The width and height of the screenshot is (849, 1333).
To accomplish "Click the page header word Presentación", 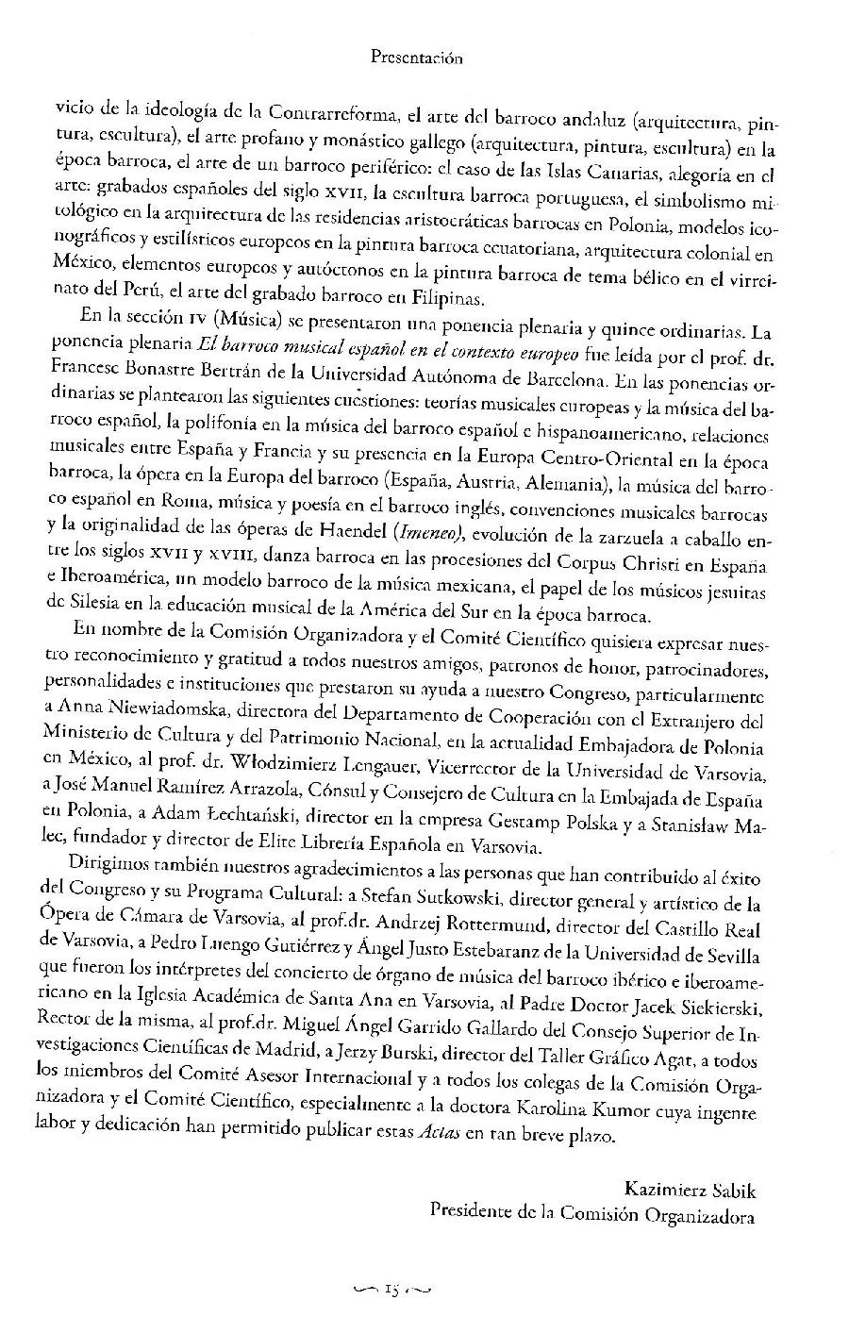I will (x=416, y=58).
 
